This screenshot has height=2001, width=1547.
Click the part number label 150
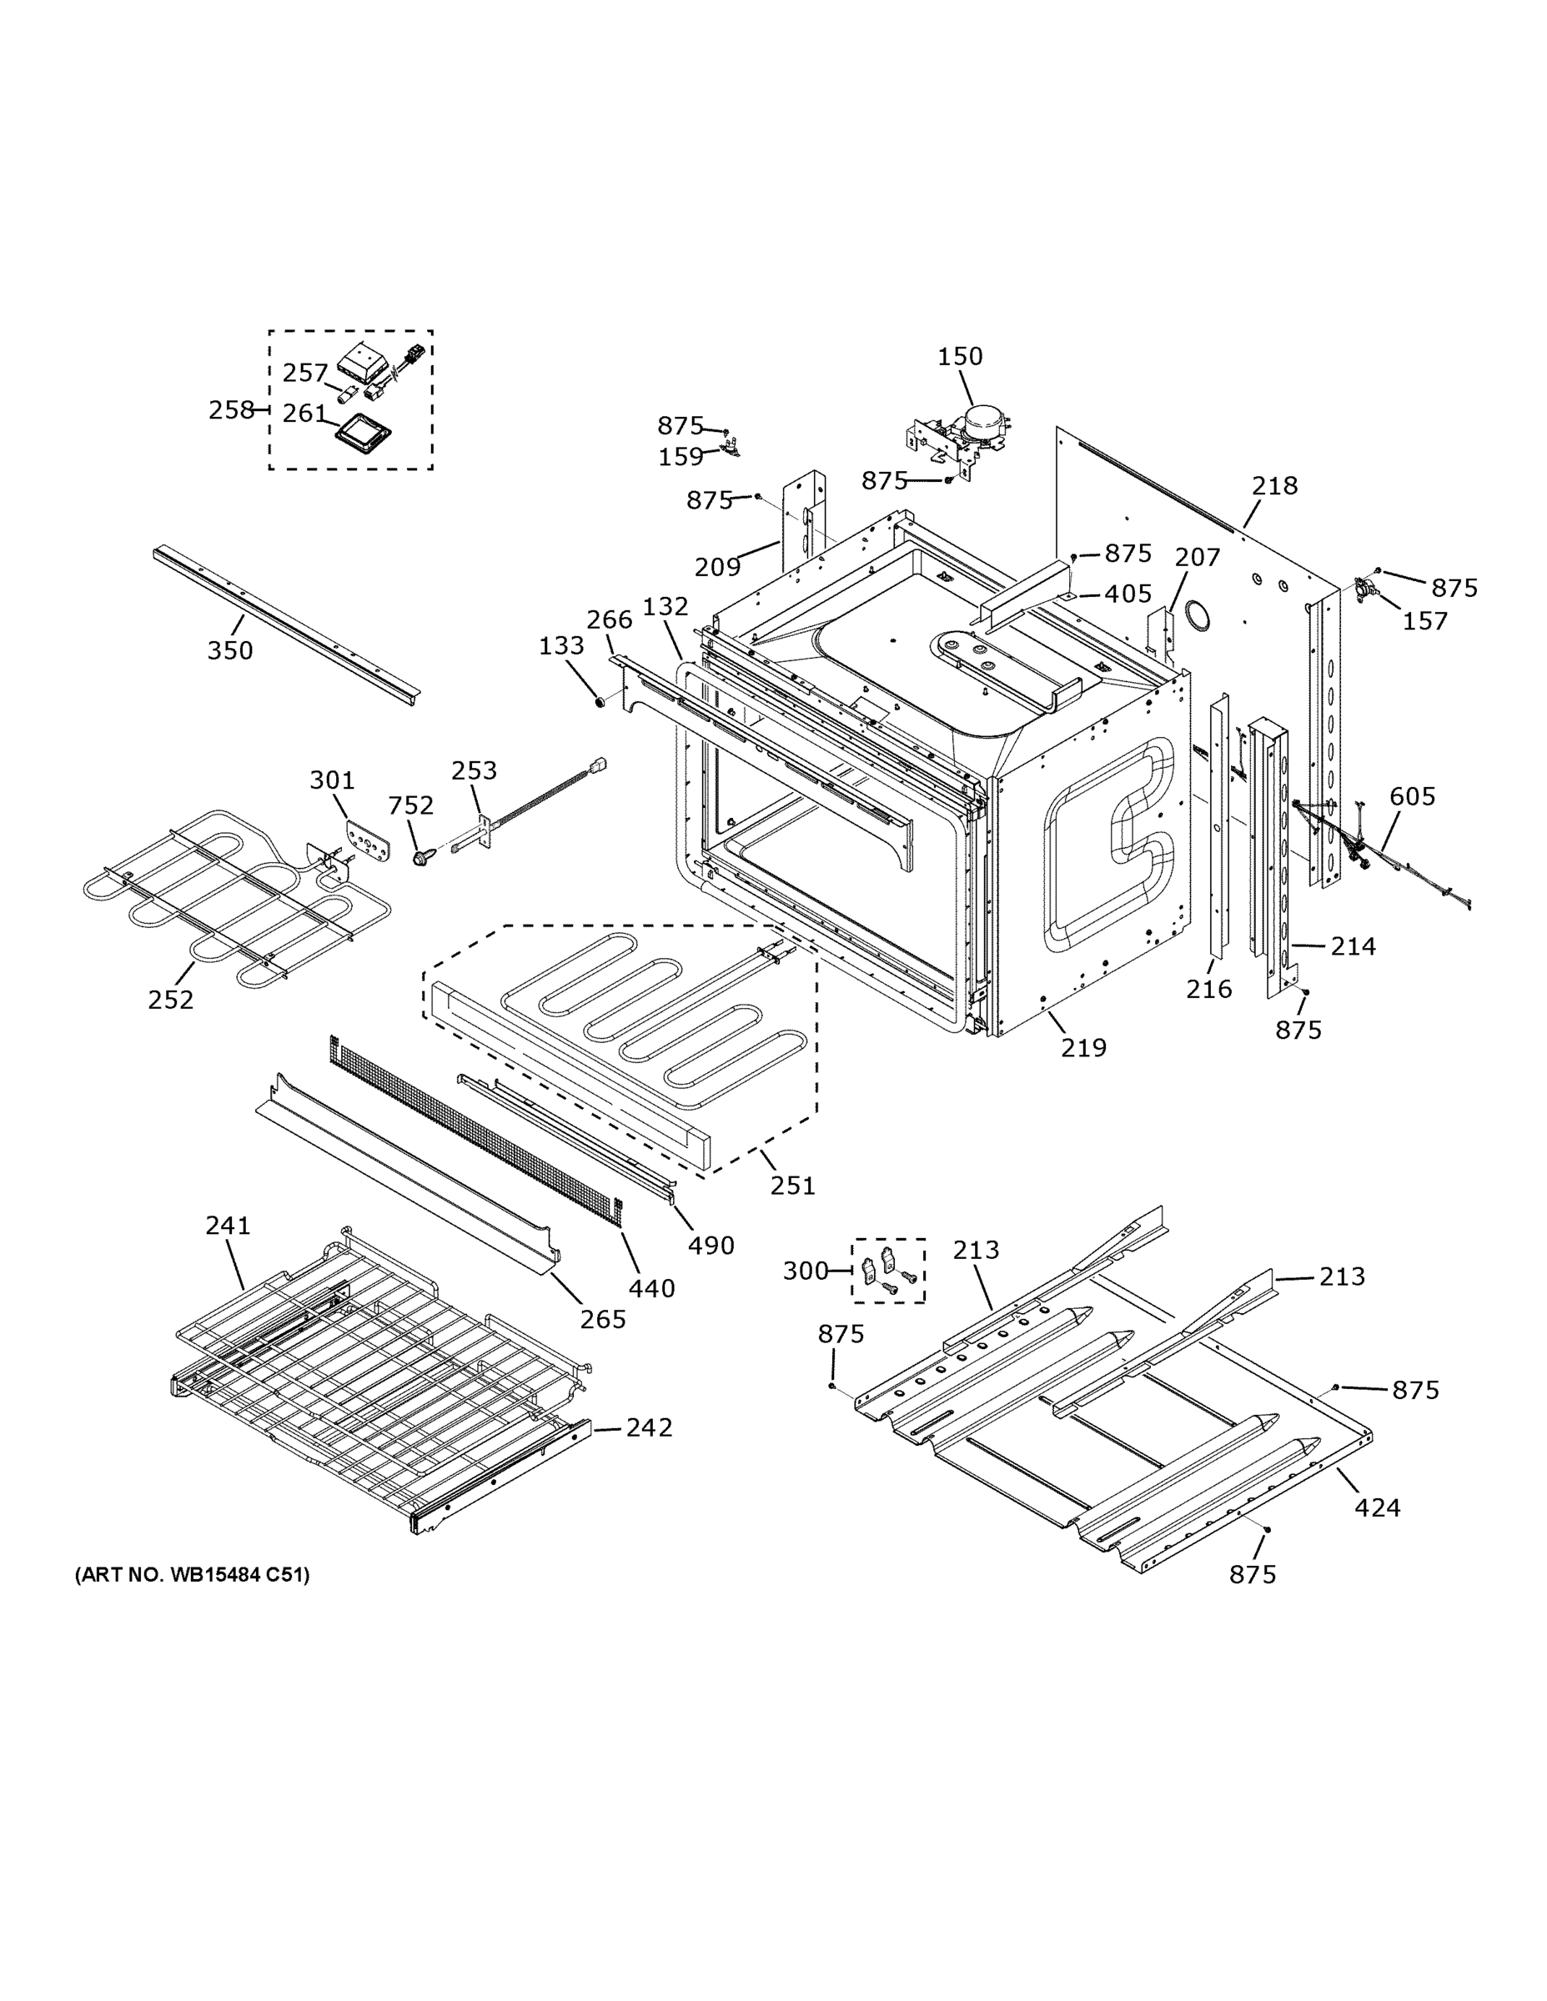tap(960, 356)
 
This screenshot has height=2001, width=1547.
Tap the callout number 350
tap(229, 650)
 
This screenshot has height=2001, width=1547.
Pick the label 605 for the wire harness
tap(1412, 796)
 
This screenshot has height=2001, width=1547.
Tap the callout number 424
tap(1377, 1507)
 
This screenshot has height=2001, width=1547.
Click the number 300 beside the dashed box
tap(805, 1271)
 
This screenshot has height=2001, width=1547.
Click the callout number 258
tap(231, 409)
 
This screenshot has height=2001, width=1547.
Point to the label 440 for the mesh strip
tap(651, 1288)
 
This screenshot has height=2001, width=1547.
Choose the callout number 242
tap(649, 1427)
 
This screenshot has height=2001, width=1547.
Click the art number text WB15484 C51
tap(193, 1575)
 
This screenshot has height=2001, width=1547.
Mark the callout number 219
tap(1083, 1047)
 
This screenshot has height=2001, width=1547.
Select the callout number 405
tap(1128, 594)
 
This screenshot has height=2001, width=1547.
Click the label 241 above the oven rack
tap(228, 1225)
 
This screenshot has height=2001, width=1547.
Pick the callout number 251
tap(791, 1186)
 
